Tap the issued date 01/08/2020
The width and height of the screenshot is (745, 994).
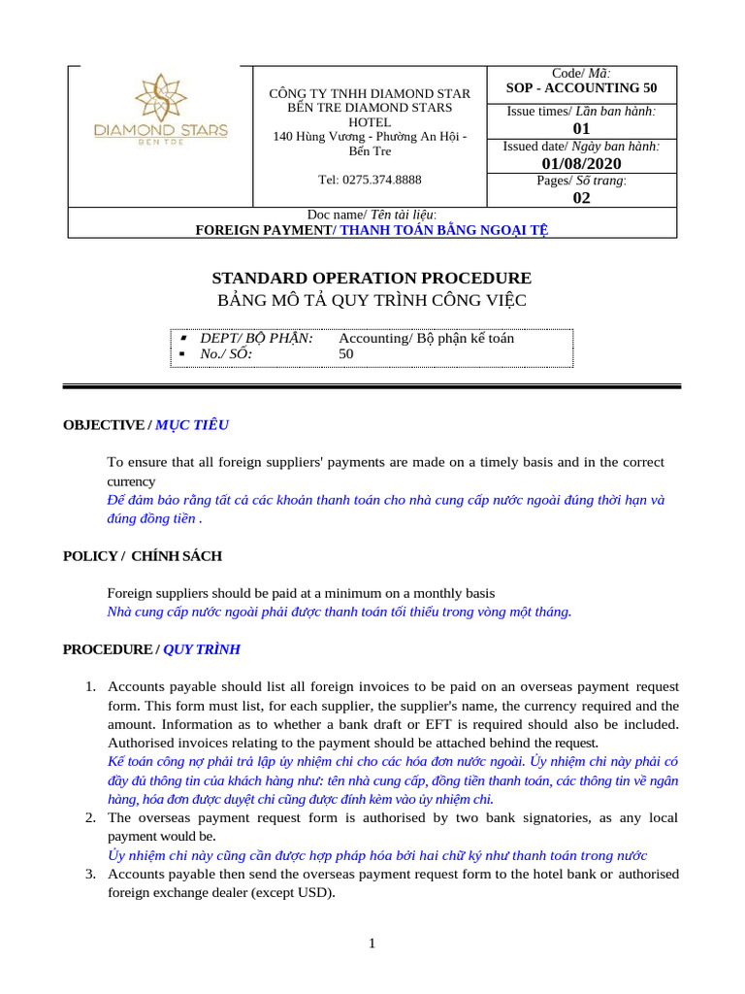tap(581, 163)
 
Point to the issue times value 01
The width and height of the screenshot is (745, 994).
tap(581, 128)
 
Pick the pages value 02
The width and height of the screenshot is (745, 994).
tap(581, 198)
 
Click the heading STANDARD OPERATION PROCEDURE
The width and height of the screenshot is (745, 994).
tap(372, 278)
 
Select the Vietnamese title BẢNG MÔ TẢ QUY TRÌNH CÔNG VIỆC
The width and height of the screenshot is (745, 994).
tap(372, 300)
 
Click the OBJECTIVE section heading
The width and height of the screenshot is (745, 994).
tap(103, 425)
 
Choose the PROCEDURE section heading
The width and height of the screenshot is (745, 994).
tap(107, 648)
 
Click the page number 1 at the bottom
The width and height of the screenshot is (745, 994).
tap(372, 943)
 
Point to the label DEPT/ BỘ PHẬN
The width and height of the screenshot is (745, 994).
tap(256, 338)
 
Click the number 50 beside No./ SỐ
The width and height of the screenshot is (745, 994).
tap(346, 354)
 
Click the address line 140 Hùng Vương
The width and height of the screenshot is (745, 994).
tap(370, 137)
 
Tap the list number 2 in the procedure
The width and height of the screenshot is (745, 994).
tap(89, 818)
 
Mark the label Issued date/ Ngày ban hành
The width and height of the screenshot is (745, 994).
tap(581, 146)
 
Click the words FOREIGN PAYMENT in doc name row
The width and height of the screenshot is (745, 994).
tap(264, 230)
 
